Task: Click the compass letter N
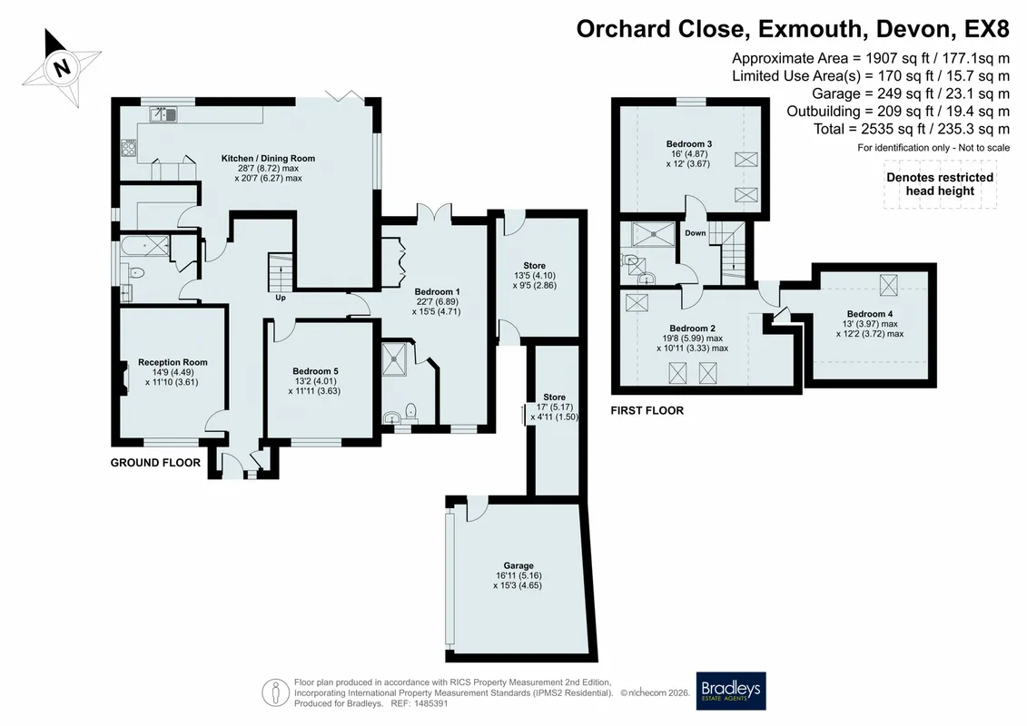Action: (63, 67)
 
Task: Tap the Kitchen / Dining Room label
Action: (268, 159)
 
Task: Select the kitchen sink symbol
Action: (163, 114)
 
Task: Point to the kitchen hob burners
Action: (128, 148)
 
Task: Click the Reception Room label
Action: (173, 362)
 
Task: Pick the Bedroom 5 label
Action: (315, 371)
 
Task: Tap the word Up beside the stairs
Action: (281, 298)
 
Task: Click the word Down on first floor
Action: (696, 233)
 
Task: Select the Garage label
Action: (518, 565)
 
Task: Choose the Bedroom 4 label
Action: (869, 314)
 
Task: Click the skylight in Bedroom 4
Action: (888, 285)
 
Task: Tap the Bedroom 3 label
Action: (689, 144)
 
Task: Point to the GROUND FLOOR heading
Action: (155, 463)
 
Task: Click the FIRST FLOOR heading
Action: (647, 410)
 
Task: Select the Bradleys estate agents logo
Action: (730, 691)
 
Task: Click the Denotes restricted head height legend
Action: (940, 184)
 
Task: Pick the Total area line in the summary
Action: (911, 129)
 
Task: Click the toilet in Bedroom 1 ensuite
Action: (410, 411)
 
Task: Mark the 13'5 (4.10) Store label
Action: (535, 276)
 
